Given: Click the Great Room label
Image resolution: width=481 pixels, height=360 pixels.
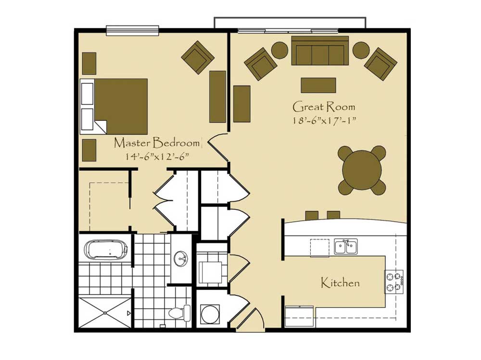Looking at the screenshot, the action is coord(324,107).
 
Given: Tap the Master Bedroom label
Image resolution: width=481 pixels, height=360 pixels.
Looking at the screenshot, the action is coord(157,143).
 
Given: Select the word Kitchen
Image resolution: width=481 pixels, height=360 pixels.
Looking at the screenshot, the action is coord(340,283).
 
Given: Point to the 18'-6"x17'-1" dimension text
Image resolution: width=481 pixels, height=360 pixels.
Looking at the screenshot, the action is coord(324,120).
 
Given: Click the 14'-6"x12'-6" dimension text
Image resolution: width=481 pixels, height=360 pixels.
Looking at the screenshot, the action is coord(157,156).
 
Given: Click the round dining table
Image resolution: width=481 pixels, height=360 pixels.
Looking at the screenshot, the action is coord(362,170).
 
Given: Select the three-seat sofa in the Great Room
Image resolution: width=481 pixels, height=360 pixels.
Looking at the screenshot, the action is coord(320,51).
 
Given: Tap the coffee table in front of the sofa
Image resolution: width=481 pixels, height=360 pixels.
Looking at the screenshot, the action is coord(318,85).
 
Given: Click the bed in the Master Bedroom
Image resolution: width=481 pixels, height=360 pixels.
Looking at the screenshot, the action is coord(114,106).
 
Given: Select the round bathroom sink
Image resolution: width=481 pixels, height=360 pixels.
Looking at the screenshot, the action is coord(181,259).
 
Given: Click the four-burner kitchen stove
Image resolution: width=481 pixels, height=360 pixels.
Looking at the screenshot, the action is coord(394,282).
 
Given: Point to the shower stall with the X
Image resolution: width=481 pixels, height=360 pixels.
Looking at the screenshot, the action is coord(105,312).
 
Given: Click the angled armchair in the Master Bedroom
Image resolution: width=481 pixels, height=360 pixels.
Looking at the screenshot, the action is coord(198,57).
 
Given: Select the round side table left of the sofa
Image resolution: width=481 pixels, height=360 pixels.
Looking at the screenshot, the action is coord(280,51).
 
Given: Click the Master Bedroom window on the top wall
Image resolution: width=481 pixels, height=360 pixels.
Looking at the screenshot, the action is coord(133,30).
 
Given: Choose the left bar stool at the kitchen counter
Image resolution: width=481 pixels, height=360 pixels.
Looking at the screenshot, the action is coord(312,215).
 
